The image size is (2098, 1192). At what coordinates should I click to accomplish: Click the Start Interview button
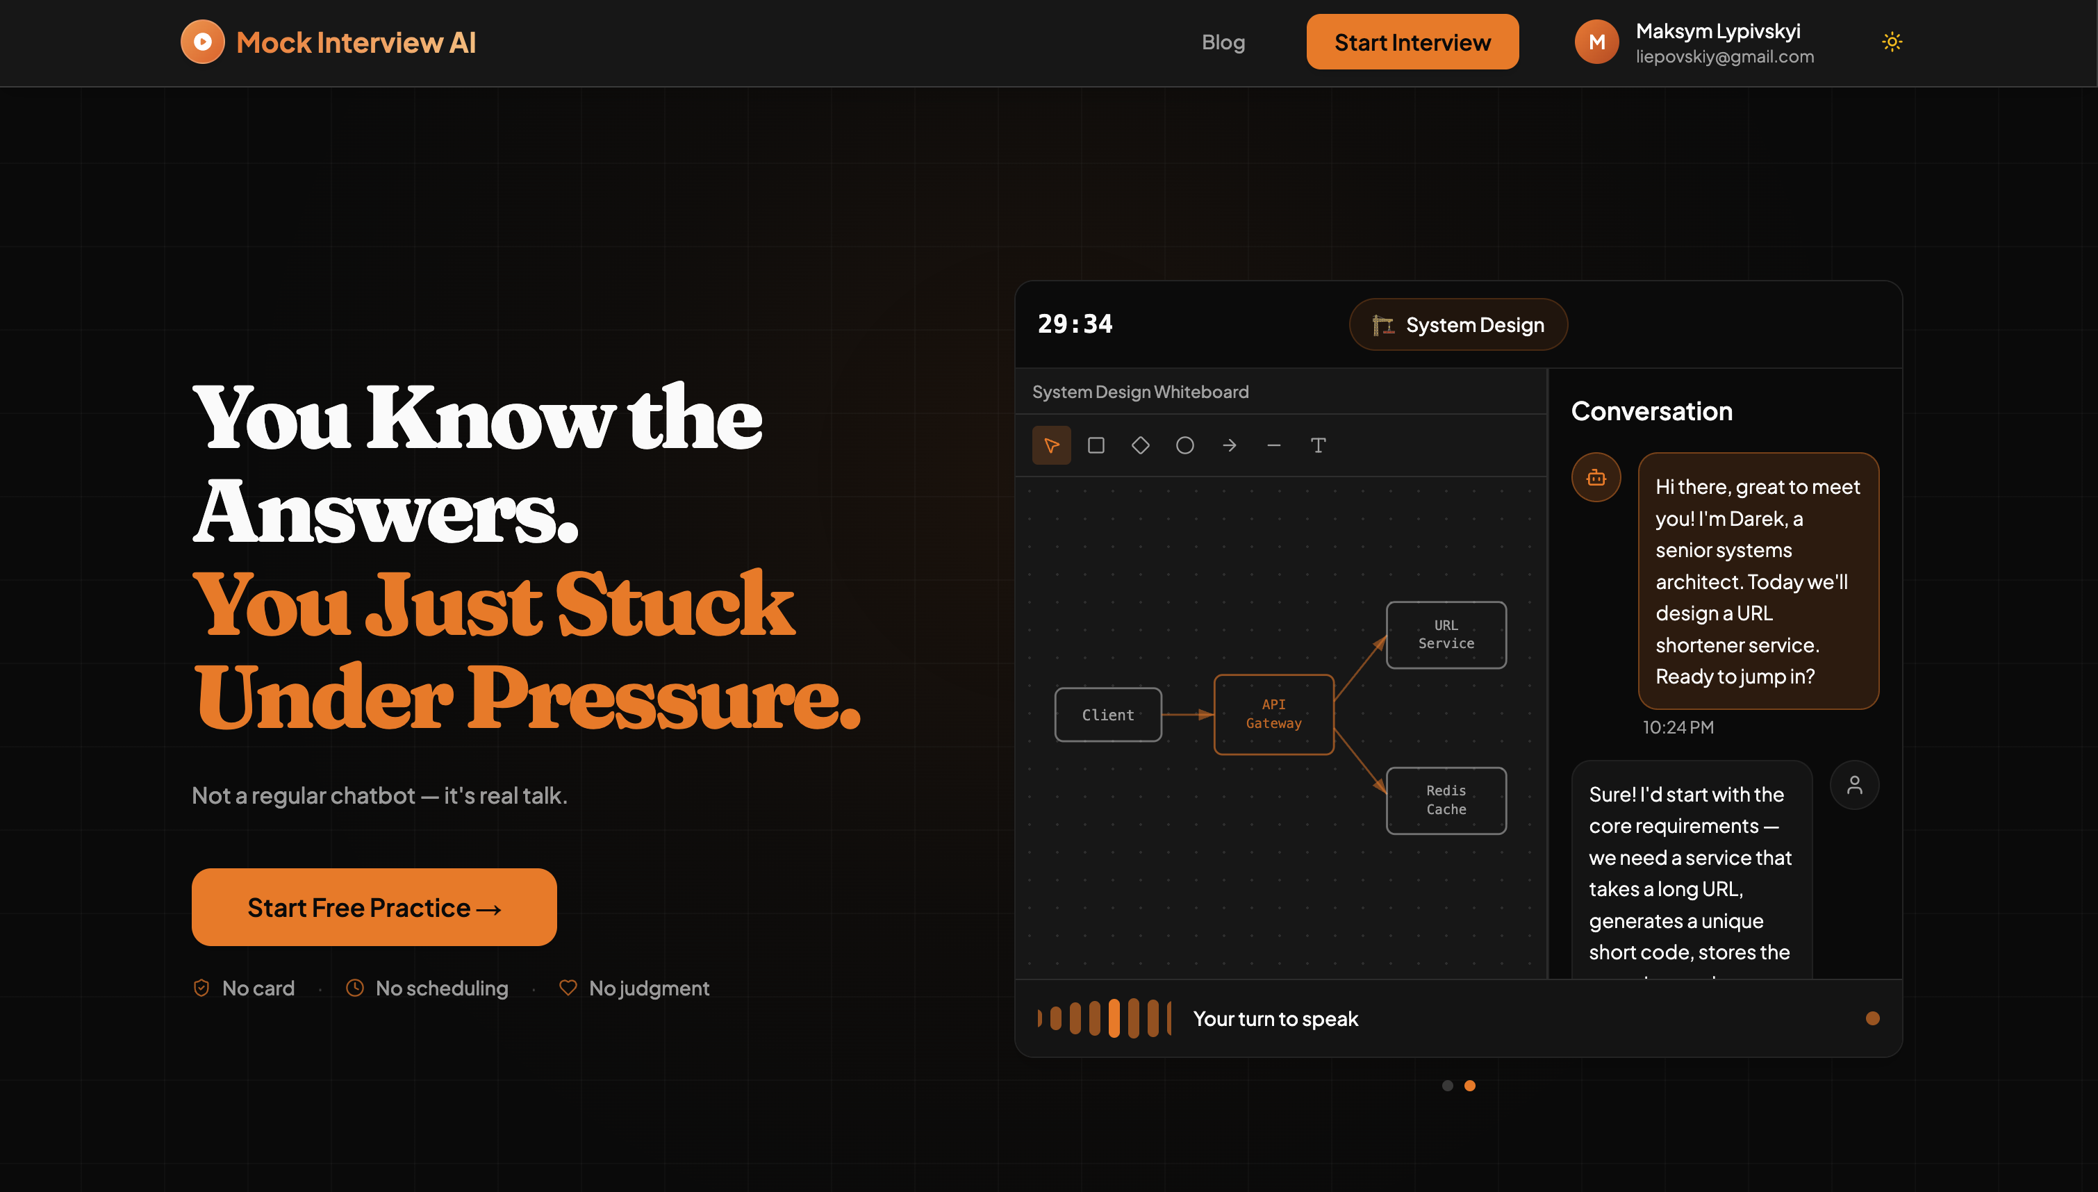[1412, 42]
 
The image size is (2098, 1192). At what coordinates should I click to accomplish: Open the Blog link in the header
[1223, 42]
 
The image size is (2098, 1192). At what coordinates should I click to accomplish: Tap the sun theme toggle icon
[1892, 42]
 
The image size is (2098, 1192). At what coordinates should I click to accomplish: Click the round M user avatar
[1596, 42]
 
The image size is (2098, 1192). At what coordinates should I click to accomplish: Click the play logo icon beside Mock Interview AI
[202, 42]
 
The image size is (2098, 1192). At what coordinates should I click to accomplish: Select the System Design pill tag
[1458, 324]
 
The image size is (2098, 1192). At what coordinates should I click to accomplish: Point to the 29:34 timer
[1075, 324]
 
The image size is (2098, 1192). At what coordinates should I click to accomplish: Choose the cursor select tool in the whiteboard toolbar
[1051, 445]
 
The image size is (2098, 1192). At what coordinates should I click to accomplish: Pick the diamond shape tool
[1140, 445]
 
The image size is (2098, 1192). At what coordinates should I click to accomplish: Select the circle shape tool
[1184, 445]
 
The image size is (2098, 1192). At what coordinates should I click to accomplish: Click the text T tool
[1318, 445]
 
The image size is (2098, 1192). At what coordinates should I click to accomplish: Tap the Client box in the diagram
[1108, 715]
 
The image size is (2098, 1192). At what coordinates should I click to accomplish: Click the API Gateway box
[1273, 714]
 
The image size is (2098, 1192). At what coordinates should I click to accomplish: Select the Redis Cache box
[1446, 800]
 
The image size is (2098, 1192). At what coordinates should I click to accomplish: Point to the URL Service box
[1446, 634]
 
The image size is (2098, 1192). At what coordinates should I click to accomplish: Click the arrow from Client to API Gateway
[1188, 715]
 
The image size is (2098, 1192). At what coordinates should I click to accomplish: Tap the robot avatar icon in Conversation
[1596, 477]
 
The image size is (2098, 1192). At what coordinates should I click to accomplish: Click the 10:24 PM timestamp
[1678, 727]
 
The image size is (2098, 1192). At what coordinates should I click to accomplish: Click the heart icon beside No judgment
[568, 987]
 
